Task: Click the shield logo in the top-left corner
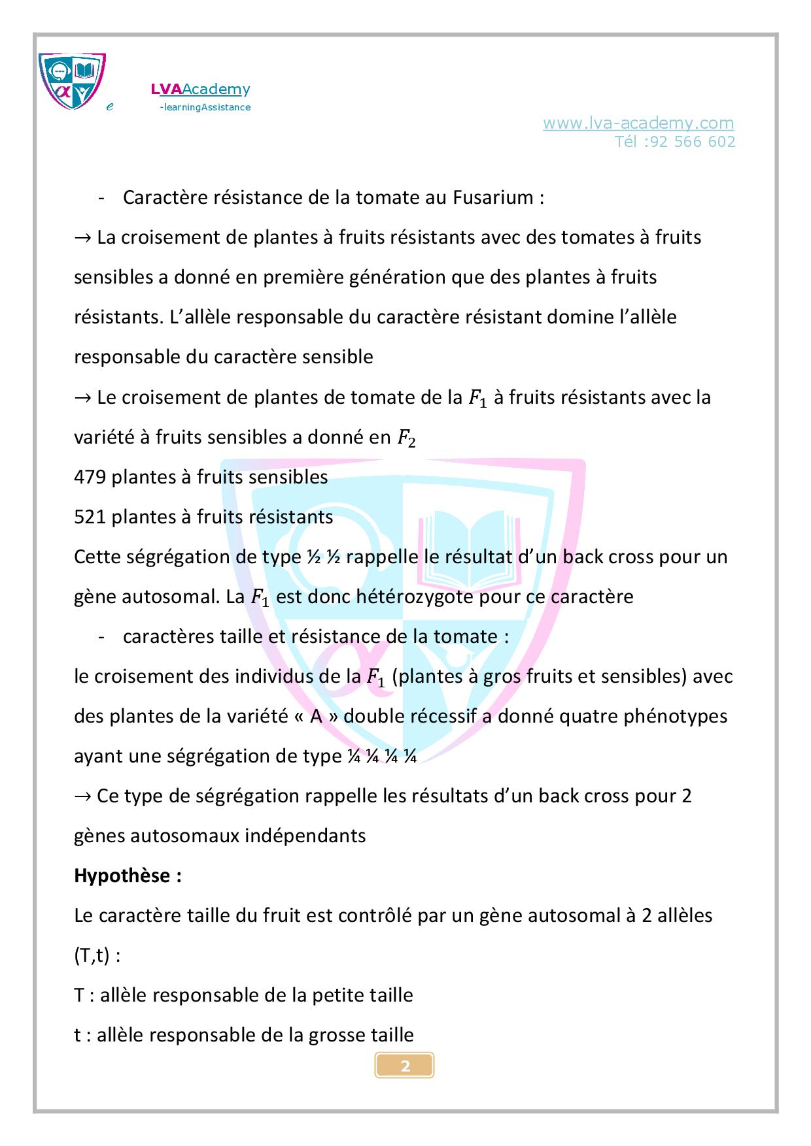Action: coord(72,81)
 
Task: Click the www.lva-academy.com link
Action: coord(638,123)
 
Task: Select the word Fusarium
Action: coord(492,197)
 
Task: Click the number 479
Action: coord(90,477)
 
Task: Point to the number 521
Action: coord(90,517)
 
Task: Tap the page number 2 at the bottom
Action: coord(405,1066)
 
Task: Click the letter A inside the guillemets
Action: coord(316,716)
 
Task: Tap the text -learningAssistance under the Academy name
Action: coord(205,107)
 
